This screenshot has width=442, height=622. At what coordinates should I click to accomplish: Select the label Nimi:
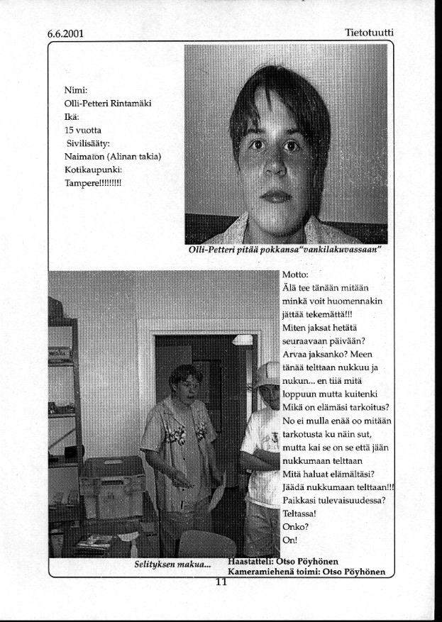point(75,90)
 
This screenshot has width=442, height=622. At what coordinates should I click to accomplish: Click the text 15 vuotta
point(83,130)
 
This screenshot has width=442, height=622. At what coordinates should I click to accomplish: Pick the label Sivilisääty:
point(91,144)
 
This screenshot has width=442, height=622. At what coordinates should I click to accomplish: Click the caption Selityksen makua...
point(173,565)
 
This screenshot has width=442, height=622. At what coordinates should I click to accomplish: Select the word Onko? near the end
point(294,526)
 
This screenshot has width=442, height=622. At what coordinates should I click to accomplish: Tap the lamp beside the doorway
point(243,340)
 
